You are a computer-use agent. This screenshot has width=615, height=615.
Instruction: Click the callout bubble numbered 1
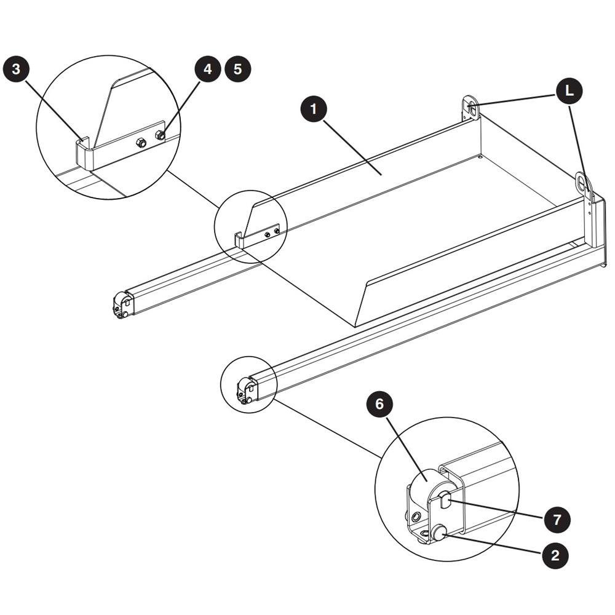[314, 109]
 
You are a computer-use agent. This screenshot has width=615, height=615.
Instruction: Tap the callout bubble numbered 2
[555, 555]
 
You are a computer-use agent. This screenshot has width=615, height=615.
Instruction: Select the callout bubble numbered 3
[16, 69]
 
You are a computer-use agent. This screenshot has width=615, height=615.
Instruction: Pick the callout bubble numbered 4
[208, 69]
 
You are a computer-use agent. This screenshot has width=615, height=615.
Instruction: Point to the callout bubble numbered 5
[237, 69]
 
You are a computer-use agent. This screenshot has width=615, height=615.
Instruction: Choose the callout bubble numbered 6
[379, 404]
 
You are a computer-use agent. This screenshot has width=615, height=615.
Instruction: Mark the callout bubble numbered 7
[557, 520]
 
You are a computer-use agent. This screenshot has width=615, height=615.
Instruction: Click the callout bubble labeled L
[569, 91]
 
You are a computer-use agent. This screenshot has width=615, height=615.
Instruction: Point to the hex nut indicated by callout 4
[160, 136]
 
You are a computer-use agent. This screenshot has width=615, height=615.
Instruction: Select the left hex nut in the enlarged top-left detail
[141, 143]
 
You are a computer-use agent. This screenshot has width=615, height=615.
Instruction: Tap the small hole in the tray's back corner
[480, 157]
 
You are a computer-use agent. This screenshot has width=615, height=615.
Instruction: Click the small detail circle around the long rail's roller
[248, 384]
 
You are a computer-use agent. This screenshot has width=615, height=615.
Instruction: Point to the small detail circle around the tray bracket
[251, 227]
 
